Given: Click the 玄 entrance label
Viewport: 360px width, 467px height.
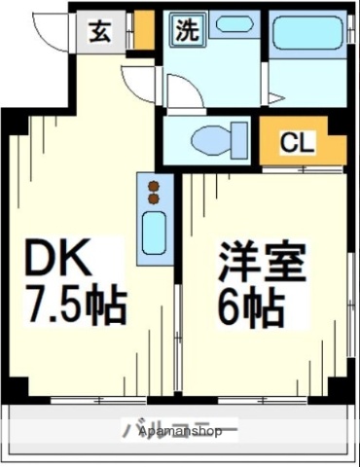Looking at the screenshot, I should (x=99, y=31).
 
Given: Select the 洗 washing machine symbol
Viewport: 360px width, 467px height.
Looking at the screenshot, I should (x=184, y=29).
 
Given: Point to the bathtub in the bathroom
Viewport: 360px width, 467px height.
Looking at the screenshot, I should (x=306, y=34).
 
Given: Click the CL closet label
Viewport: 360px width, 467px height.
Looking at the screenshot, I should (x=297, y=143).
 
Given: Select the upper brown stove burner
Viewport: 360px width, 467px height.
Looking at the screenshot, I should (x=153, y=181).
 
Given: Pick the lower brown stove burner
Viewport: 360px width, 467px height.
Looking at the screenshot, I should (x=153, y=198).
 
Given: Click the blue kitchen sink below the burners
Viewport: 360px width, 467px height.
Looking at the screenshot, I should (x=154, y=233).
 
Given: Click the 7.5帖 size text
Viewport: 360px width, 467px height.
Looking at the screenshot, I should (x=75, y=306).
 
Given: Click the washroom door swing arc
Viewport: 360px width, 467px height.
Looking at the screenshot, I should (x=185, y=90).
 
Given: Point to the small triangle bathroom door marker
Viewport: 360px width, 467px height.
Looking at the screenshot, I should (x=276, y=96).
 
